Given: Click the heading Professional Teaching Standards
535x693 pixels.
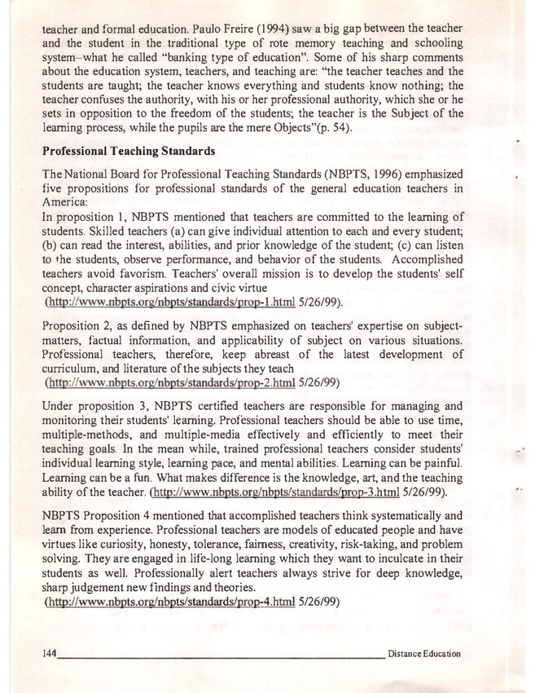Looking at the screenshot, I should [129, 152].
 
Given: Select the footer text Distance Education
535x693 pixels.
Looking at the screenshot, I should [424, 654].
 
